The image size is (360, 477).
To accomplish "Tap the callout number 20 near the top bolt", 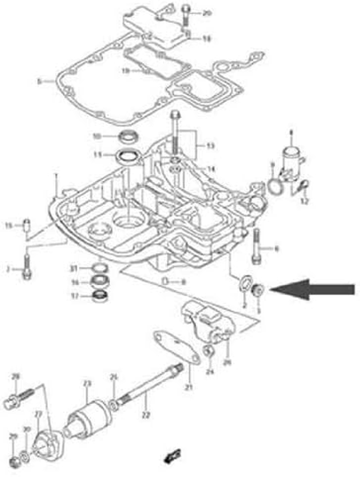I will click(x=207, y=13).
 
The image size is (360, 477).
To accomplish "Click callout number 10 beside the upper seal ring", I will click(x=97, y=136).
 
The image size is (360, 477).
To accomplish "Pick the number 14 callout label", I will click(x=211, y=168).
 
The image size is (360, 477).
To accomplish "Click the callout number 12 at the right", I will click(x=305, y=201).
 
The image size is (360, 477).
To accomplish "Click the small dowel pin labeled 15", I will click(x=27, y=223).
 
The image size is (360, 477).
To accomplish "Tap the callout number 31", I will click(x=74, y=269).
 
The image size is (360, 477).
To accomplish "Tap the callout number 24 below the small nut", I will click(x=209, y=372).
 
